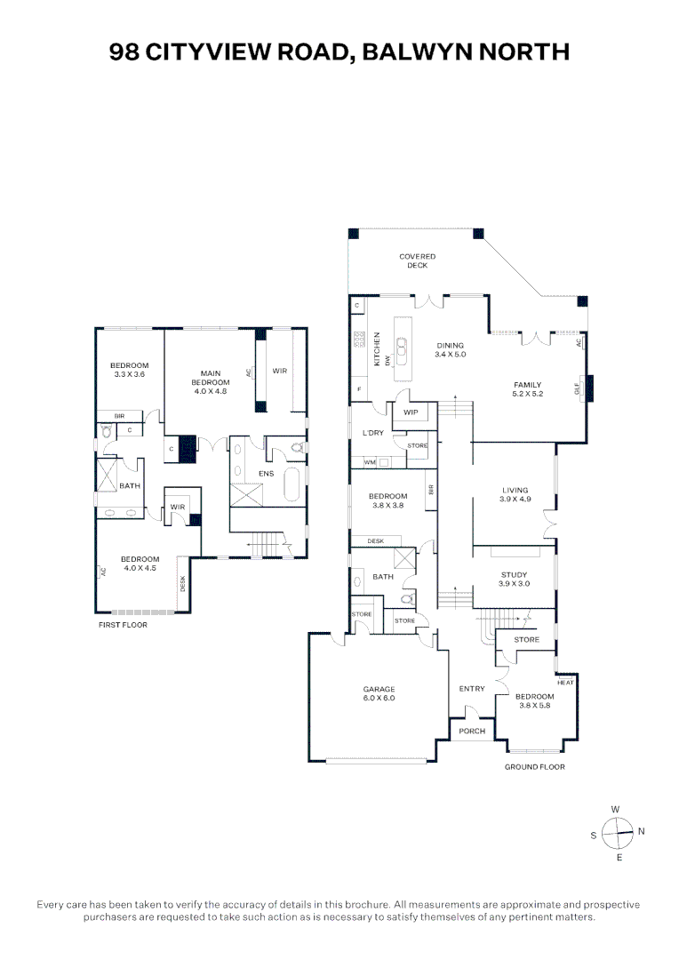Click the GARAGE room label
coord(379,689)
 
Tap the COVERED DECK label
coord(418,260)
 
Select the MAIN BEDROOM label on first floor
coord(211,378)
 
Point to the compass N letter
coord(642,831)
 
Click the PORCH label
coord(471,731)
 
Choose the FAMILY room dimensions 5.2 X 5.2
coord(528,394)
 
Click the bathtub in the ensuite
coord(292,484)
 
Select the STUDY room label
coord(515,575)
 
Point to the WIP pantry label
coord(411,412)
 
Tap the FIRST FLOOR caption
coord(123,625)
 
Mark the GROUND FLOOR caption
coord(534,766)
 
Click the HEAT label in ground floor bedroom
coord(566,682)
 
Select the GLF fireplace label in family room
coord(578,388)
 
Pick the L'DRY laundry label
coord(373,433)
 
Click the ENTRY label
coord(472,689)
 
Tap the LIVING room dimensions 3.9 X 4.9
coord(515,499)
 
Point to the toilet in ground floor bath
coord(407,599)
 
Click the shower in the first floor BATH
coord(107,475)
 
